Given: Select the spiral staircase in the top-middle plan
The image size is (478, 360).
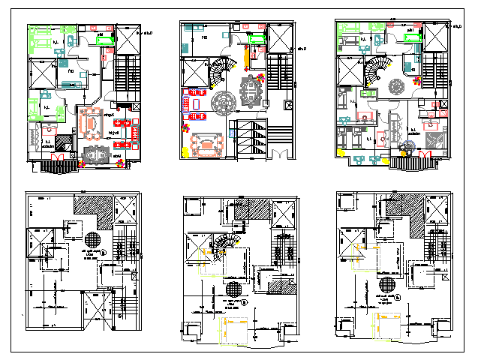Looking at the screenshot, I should click(x=221, y=73).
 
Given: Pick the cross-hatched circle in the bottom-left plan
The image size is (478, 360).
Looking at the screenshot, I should click(x=92, y=240).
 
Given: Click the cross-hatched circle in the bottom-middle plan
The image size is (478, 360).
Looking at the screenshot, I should click(x=234, y=288).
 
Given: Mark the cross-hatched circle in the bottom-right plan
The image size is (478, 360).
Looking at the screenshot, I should click(x=387, y=283).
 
